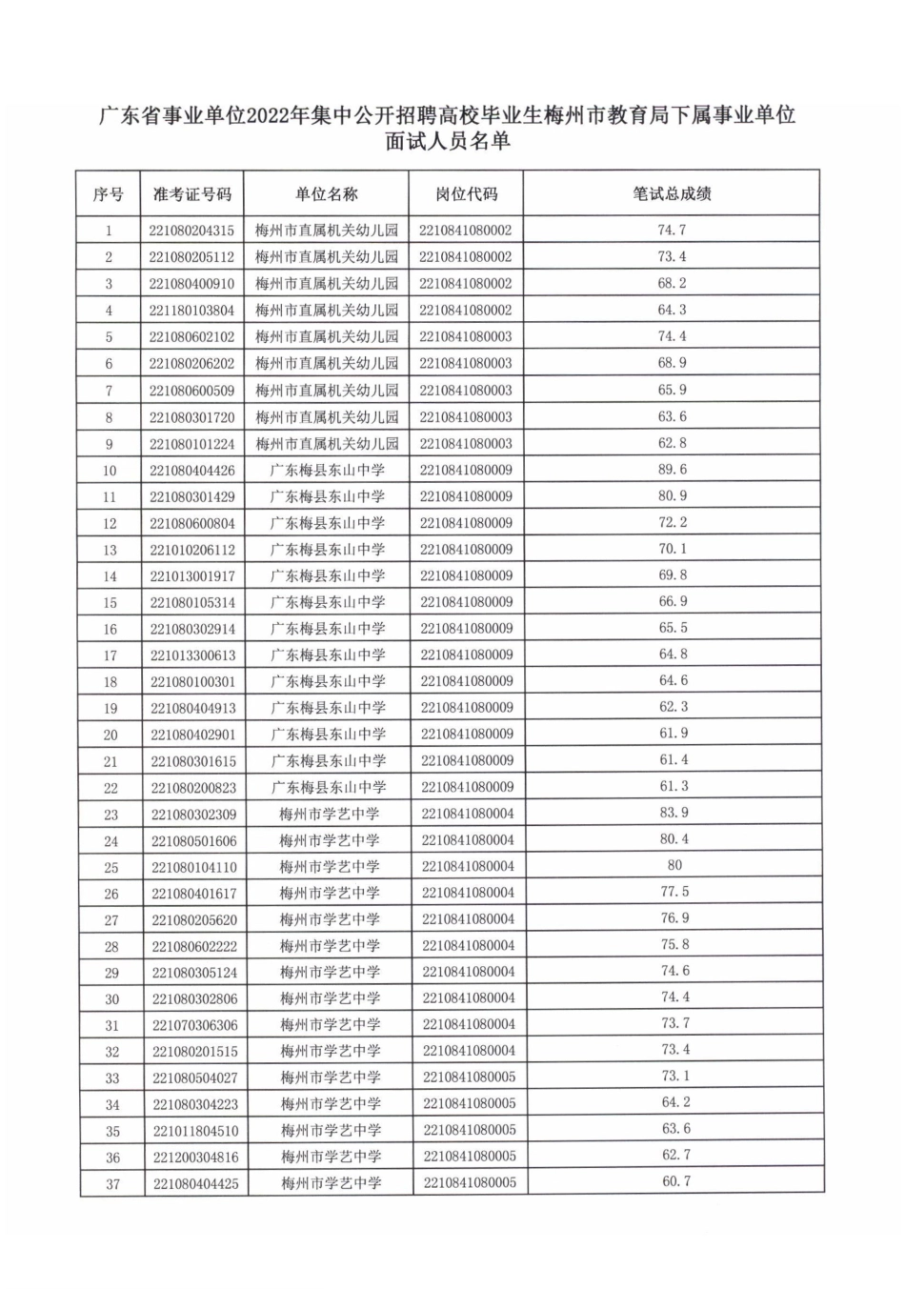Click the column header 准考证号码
click(x=192, y=194)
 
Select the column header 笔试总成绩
click(x=672, y=193)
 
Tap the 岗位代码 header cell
click(x=466, y=194)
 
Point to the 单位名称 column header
click(x=326, y=194)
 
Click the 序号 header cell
click(x=109, y=194)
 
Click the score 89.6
click(x=672, y=470)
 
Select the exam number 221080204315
click(x=191, y=231)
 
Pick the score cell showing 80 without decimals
click(x=674, y=866)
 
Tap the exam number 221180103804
click(x=191, y=311)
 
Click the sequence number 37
click(x=113, y=1184)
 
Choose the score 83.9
click(x=674, y=813)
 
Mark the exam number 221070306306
click(x=194, y=1025)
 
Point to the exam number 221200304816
click(x=194, y=1158)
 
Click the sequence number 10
click(x=110, y=471)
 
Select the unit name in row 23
click(x=329, y=814)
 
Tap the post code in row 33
click(x=469, y=1078)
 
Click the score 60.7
click(x=675, y=1181)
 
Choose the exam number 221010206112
click(x=192, y=550)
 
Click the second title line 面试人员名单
click(x=448, y=142)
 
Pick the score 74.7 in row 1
click(x=671, y=231)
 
